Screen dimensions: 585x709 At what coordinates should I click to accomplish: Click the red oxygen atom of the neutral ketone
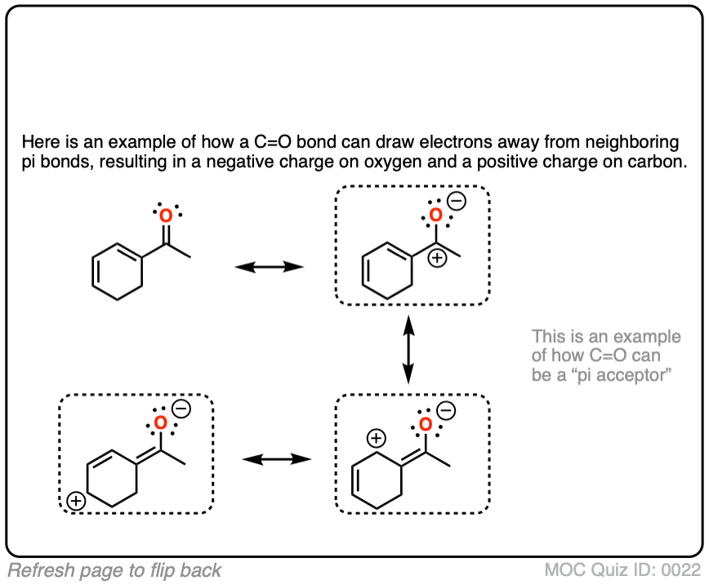click(x=166, y=217)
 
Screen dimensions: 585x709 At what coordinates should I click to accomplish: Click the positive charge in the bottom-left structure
click(x=75, y=501)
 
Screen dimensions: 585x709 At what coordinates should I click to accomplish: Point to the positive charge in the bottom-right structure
click(x=375, y=439)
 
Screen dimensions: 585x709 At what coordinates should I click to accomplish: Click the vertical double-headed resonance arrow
click(x=408, y=350)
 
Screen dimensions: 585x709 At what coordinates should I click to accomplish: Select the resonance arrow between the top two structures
click(x=269, y=267)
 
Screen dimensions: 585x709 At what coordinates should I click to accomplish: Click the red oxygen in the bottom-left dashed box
click(x=160, y=422)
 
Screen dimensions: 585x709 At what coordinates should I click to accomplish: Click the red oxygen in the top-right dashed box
click(x=436, y=216)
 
